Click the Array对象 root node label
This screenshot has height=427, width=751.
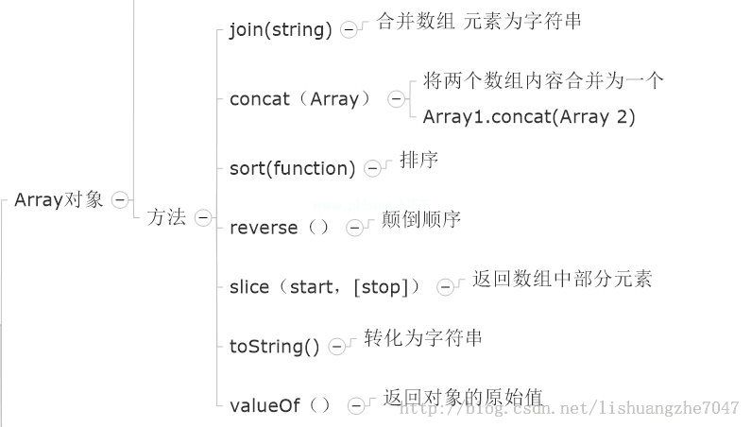pos(59,200)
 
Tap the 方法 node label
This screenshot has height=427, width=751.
pos(166,217)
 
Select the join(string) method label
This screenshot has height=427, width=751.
pos(281,29)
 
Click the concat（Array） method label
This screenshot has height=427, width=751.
pos(300,99)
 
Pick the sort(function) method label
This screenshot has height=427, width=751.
pos(293,168)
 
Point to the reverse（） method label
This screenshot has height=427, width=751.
pos(280,228)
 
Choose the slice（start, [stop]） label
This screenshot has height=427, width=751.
pos(325,287)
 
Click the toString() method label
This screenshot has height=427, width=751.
pos(275,346)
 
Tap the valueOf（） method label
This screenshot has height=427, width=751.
pos(281,405)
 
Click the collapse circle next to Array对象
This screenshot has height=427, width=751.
pos(120,199)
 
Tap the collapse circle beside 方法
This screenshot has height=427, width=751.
pos(203,218)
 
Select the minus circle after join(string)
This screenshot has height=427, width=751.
pos(349,29)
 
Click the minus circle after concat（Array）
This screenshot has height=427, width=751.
pos(396,99)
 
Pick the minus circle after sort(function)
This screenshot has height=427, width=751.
pos(372,168)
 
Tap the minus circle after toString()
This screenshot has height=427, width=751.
pos(336,346)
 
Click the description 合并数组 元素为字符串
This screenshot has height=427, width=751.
pos(479,21)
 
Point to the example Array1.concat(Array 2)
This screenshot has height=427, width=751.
pos(529,116)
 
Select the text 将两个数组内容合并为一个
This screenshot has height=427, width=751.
pos(543,80)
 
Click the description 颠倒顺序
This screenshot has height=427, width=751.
pos(421,219)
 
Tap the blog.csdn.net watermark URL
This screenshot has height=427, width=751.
pos(570,408)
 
